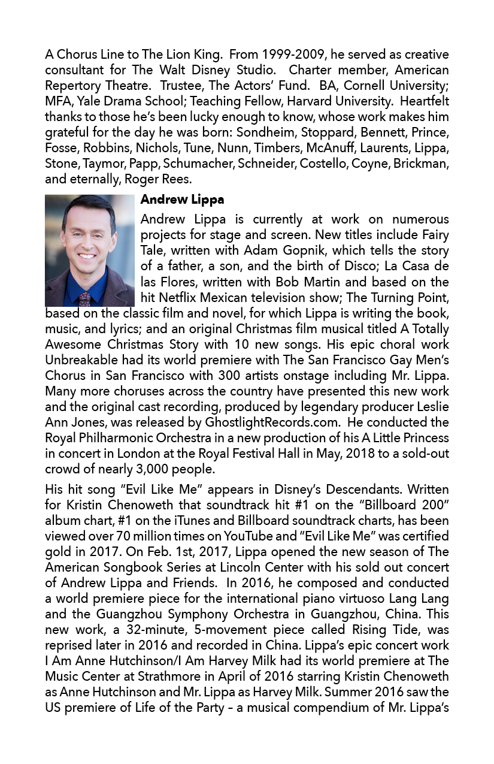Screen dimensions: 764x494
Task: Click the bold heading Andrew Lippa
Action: [182, 200]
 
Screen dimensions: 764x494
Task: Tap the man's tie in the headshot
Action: [85, 298]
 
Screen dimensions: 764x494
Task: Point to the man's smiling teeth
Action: [86, 256]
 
